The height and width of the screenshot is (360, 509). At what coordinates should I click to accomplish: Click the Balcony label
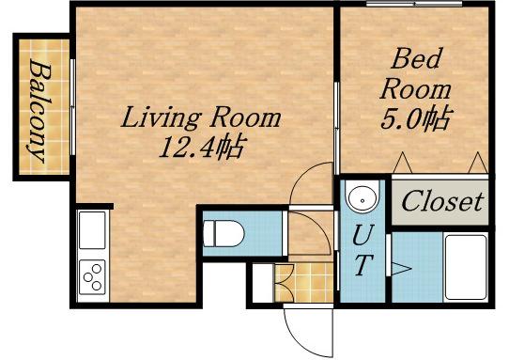pyautogui.click(x=39, y=111)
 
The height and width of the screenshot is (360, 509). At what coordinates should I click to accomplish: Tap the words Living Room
pyautogui.click(x=201, y=117)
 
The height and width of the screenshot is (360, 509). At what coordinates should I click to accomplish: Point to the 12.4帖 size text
pyautogui.click(x=201, y=148)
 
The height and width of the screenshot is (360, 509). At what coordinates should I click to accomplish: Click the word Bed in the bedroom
pyautogui.click(x=417, y=58)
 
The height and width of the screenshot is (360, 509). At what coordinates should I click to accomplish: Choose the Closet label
pyautogui.click(x=442, y=201)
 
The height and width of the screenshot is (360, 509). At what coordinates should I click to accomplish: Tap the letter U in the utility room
pyautogui.click(x=362, y=235)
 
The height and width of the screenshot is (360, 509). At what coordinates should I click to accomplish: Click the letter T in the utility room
pyautogui.click(x=362, y=264)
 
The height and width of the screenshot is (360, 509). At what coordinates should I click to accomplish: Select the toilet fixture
pyautogui.click(x=224, y=233)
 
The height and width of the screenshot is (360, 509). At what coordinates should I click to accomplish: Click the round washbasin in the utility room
pyautogui.click(x=362, y=196)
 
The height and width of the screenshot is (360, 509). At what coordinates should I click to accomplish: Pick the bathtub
pyautogui.click(x=466, y=267)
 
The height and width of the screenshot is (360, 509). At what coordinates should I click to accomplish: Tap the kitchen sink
pyautogui.click(x=92, y=230)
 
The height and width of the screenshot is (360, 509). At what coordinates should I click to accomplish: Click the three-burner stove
pyautogui.click(x=92, y=277)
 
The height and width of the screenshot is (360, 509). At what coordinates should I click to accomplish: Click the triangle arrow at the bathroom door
pyautogui.click(x=401, y=269)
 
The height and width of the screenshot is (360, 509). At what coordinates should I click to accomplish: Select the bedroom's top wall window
pyautogui.click(x=414, y=4)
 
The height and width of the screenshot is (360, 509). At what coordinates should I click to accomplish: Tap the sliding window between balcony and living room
pyautogui.click(x=73, y=107)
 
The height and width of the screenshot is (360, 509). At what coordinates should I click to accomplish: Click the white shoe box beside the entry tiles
pyautogui.click(x=263, y=283)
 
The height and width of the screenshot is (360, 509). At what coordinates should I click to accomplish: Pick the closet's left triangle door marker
pyautogui.click(x=403, y=163)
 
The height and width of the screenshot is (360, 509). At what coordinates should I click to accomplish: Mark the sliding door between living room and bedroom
pyautogui.click(x=336, y=128)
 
